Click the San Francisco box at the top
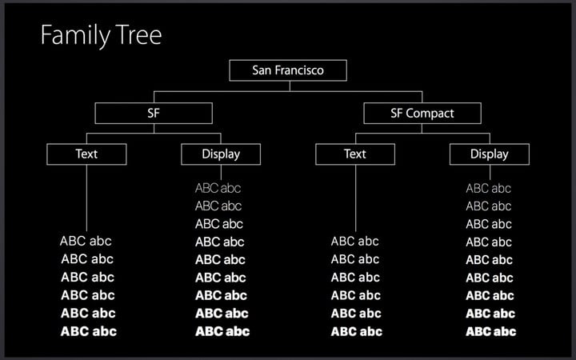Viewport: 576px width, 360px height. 288,70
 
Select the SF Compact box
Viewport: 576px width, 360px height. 422,113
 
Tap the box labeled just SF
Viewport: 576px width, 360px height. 154,113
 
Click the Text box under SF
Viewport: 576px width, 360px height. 86,154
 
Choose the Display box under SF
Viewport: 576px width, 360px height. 221,154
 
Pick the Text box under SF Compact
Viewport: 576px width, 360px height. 355,154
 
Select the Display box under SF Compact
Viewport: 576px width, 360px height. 490,154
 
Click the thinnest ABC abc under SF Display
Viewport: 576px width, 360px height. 218,188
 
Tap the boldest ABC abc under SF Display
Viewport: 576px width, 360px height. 222,331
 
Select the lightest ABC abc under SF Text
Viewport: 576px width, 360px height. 86,241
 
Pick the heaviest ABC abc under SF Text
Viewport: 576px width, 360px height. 89,331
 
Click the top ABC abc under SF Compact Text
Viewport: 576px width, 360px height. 354,242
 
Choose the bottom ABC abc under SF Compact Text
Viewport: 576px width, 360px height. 356,332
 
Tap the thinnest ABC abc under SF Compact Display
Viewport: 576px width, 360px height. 488,189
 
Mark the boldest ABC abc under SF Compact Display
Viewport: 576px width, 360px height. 490,332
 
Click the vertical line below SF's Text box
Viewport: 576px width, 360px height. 86,198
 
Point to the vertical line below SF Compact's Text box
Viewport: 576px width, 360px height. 355,198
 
